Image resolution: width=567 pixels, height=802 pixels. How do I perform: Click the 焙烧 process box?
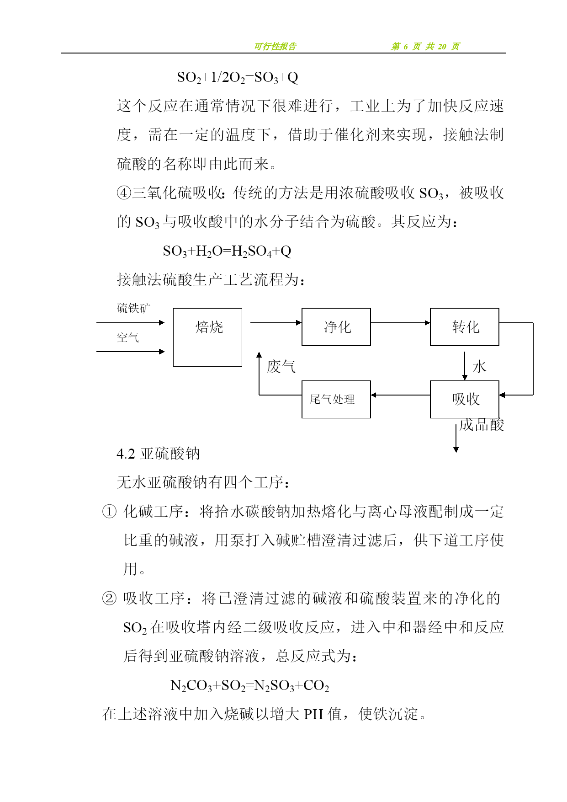pos(207,337)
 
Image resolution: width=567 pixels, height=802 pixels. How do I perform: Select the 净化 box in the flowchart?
pos(336,327)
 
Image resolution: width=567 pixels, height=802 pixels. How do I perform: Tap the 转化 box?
pos(464,327)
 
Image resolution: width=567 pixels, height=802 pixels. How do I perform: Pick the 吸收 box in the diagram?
pos(464,399)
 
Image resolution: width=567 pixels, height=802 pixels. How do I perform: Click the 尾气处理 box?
pos(336,399)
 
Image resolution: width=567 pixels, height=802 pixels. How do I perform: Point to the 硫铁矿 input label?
pos(133,308)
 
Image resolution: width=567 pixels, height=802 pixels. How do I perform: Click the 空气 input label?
pos(127,338)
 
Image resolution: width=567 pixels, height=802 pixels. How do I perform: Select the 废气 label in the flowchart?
pos(281,366)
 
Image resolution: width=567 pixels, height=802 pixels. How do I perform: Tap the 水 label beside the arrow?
pos(479,366)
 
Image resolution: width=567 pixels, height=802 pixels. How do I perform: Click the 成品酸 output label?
pos(482,425)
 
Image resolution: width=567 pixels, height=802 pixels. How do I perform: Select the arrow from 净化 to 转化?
pos(400,323)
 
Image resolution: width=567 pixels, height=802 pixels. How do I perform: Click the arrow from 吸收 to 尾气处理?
pos(400,395)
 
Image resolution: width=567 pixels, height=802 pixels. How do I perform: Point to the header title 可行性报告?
pos(275,46)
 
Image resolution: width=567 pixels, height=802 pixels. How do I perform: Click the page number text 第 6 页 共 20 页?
pos(425,46)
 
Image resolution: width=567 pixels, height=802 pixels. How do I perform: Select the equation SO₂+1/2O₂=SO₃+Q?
pos(238,77)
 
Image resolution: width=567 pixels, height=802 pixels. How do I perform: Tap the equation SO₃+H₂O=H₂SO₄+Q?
pos(227,251)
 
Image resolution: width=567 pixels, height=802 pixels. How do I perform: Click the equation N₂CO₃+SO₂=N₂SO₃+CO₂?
pos(249,685)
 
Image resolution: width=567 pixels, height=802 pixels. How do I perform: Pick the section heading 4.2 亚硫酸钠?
pos(158,454)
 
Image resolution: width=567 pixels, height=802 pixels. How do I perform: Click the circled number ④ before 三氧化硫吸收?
pos(124,193)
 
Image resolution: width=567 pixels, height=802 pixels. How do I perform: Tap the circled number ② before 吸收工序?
pos(109,598)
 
